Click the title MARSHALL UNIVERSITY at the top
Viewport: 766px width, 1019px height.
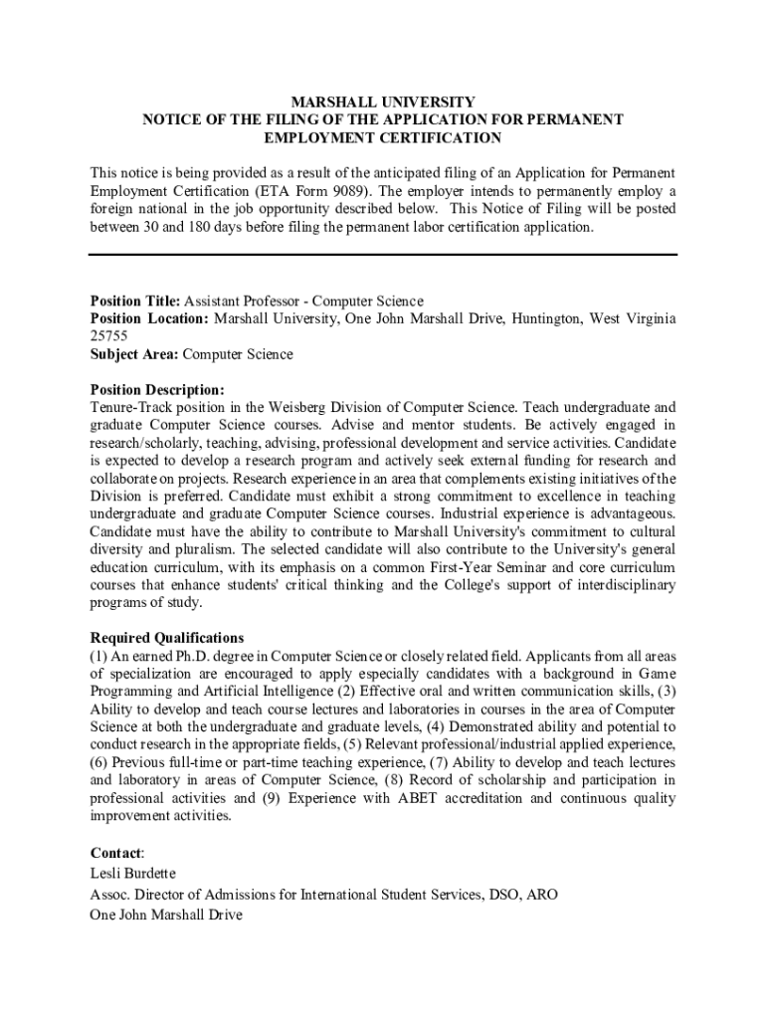pos(382,102)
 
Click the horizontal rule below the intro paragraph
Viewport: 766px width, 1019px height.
pos(383,255)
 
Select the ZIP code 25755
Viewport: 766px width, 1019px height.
pos(108,336)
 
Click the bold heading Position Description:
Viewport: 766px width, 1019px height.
pos(157,389)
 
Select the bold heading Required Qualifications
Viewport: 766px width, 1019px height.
pos(167,637)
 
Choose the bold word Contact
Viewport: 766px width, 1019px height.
pos(116,853)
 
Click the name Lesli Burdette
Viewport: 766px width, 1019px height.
pos(133,873)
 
